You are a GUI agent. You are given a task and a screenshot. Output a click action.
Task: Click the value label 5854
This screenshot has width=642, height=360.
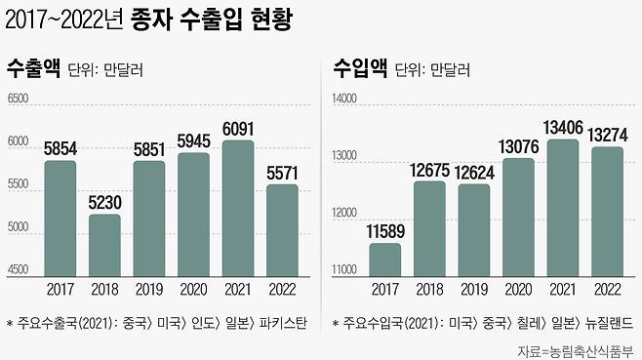coord(60,149)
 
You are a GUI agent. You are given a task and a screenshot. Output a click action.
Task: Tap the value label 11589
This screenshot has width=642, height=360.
coord(384,231)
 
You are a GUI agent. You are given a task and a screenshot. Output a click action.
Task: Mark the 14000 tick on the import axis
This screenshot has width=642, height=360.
coord(346,100)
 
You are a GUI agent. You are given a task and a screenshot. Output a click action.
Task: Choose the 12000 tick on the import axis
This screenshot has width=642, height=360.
coord(346,214)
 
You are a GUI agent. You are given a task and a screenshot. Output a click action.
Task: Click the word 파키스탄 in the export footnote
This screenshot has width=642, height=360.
coord(283,323)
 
